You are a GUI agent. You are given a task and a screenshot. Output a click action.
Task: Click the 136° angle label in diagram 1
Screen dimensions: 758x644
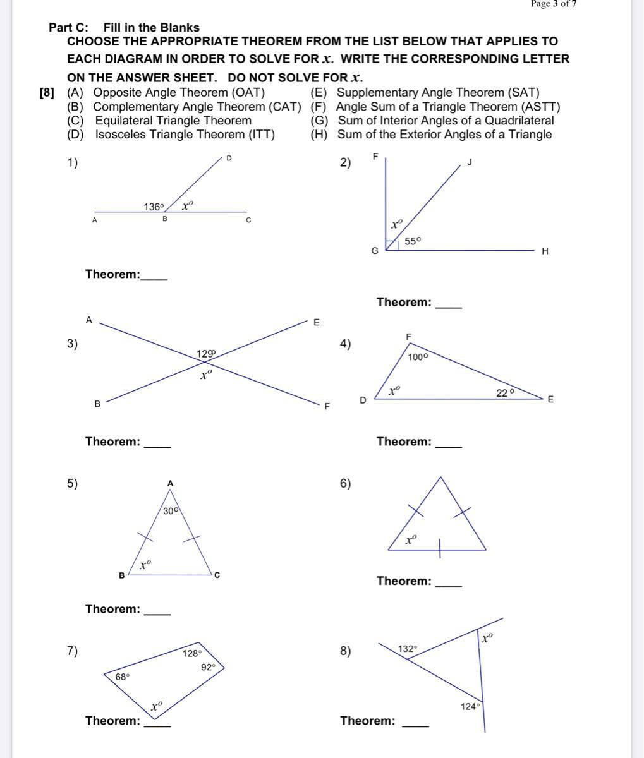point(154,207)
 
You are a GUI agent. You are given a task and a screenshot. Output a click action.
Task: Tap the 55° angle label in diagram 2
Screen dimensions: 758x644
point(413,241)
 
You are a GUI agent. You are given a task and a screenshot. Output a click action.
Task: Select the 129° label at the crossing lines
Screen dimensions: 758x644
point(206,354)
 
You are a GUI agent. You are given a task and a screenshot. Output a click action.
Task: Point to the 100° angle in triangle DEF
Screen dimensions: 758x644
point(418,357)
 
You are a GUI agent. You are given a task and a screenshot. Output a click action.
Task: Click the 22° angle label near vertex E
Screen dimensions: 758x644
point(505,392)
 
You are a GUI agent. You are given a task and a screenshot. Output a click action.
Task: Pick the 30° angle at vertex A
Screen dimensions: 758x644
point(171,511)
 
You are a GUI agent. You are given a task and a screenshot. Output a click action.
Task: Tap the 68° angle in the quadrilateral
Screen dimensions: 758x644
point(123,677)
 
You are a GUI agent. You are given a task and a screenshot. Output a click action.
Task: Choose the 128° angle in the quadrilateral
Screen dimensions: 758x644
point(192,653)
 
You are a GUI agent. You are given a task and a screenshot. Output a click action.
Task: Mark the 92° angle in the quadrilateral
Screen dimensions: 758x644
point(209,666)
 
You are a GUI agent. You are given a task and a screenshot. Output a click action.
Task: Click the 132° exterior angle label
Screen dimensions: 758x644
point(408,649)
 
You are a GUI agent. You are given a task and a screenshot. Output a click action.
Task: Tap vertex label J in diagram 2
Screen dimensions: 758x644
point(470,162)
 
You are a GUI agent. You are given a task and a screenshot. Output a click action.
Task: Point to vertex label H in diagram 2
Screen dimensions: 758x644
point(545,251)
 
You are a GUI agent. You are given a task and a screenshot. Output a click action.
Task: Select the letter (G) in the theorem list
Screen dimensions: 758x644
point(319,121)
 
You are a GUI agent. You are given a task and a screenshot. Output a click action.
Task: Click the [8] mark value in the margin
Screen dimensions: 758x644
point(47,93)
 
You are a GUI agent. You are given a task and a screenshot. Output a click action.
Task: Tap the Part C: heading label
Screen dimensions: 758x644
point(69,28)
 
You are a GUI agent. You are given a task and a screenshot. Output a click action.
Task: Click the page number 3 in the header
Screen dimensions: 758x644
point(555,4)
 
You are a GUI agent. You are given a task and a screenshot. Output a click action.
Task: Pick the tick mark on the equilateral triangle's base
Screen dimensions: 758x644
point(440,550)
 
